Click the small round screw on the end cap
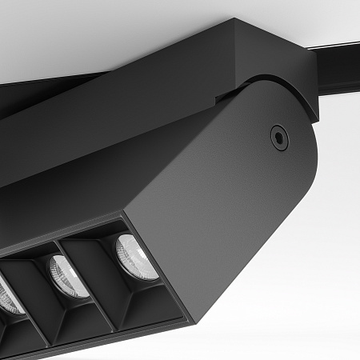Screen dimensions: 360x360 278,136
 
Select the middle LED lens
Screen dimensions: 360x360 67,276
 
